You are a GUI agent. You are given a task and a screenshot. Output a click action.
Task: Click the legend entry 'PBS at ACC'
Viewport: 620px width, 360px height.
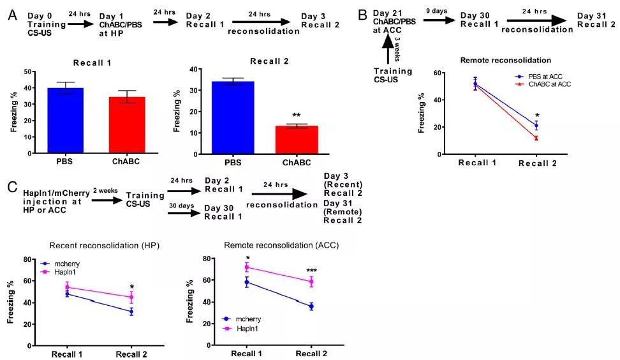(x=542, y=75)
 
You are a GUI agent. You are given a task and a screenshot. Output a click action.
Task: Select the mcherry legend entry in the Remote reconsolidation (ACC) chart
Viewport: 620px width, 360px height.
(x=246, y=319)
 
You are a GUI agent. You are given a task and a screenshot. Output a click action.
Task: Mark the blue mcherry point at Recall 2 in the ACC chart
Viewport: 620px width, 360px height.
(x=311, y=306)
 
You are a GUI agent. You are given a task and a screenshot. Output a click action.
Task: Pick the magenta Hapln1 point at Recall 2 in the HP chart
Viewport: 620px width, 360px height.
(x=131, y=297)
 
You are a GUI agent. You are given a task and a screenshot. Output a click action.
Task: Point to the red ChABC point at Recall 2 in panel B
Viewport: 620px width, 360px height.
(x=536, y=138)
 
